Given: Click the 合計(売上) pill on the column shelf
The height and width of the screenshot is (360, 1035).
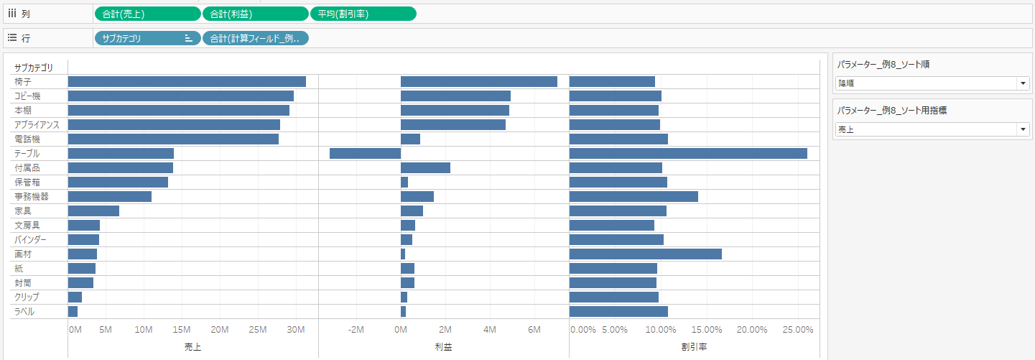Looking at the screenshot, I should point(147,14).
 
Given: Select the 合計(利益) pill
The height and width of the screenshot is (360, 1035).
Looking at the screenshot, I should point(256,14).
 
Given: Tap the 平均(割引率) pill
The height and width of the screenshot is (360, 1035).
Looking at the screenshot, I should point(363,14).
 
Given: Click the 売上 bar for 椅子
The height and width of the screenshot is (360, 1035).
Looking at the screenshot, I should point(187,82).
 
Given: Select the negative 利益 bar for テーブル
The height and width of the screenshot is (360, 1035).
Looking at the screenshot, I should point(365,154).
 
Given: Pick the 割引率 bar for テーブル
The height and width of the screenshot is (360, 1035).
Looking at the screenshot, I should point(688,154).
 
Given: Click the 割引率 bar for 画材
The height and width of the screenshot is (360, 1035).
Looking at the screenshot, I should point(645,254).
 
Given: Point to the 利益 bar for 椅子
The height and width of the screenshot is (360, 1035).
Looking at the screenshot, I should point(478,82).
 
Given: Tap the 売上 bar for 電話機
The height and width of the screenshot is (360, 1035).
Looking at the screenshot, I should point(173,139).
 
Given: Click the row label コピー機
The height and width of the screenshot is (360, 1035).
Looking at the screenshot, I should point(28,96).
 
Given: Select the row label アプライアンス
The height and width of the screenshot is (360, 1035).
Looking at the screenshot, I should point(37,125).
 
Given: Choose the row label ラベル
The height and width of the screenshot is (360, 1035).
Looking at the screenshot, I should point(24,312).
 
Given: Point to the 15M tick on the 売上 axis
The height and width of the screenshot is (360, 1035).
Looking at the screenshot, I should point(182,330).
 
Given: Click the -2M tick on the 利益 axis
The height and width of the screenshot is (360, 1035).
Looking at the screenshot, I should point(356,330).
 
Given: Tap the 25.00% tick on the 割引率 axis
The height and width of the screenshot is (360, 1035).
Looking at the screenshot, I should point(797,330).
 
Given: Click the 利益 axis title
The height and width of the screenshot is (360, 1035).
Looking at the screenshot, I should point(444,347).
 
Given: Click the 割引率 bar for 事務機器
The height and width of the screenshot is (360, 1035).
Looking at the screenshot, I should point(633,197).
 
